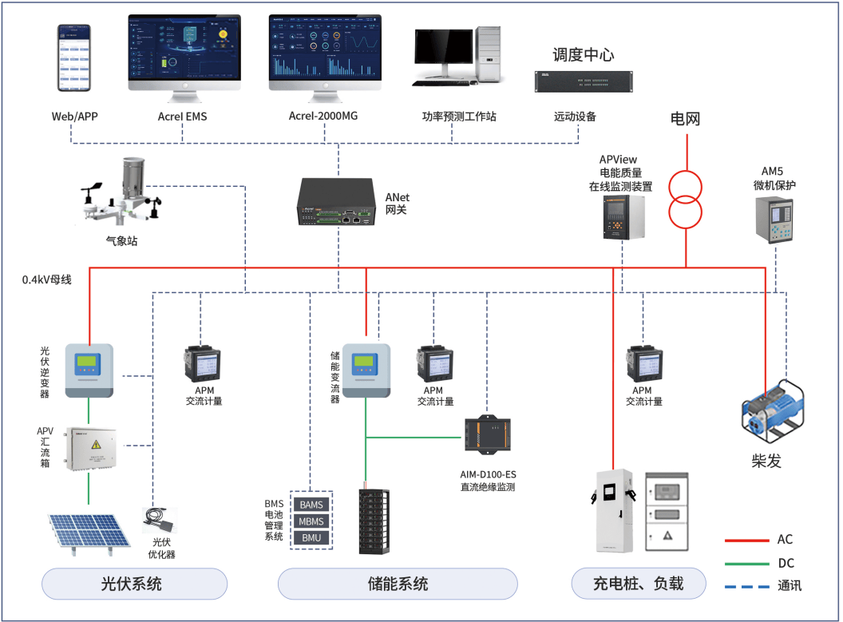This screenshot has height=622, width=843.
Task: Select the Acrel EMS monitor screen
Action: pos(184,50)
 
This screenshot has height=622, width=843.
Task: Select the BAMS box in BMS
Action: pos(311,505)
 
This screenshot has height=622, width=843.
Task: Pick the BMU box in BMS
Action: pos(311,537)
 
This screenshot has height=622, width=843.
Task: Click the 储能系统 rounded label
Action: pos(398,584)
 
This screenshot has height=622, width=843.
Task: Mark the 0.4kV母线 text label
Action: pos(47,280)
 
